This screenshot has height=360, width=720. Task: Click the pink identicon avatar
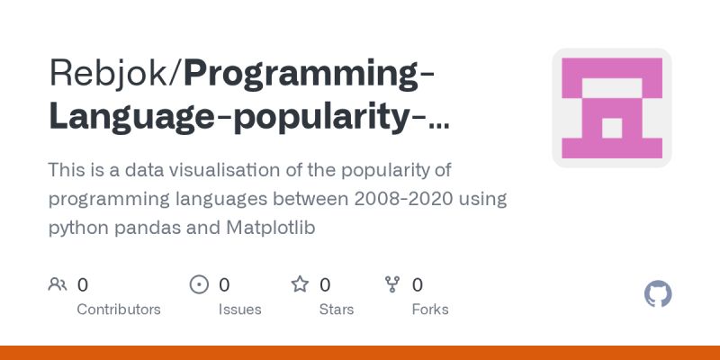click(x=612, y=108)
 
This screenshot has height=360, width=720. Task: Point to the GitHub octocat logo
click(x=659, y=294)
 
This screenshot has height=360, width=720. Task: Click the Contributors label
click(x=119, y=309)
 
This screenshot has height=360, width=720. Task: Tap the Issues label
click(x=239, y=309)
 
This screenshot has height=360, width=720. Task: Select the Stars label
click(x=337, y=309)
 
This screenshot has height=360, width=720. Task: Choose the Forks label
click(x=430, y=309)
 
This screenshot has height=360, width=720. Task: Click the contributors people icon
click(x=58, y=285)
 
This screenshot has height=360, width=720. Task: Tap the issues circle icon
click(x=199, y=285)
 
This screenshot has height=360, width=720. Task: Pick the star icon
click(x=300, y=285)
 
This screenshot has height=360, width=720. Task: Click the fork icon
click(x=392, y=285)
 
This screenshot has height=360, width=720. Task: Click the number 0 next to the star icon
click(x=325, y=285)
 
